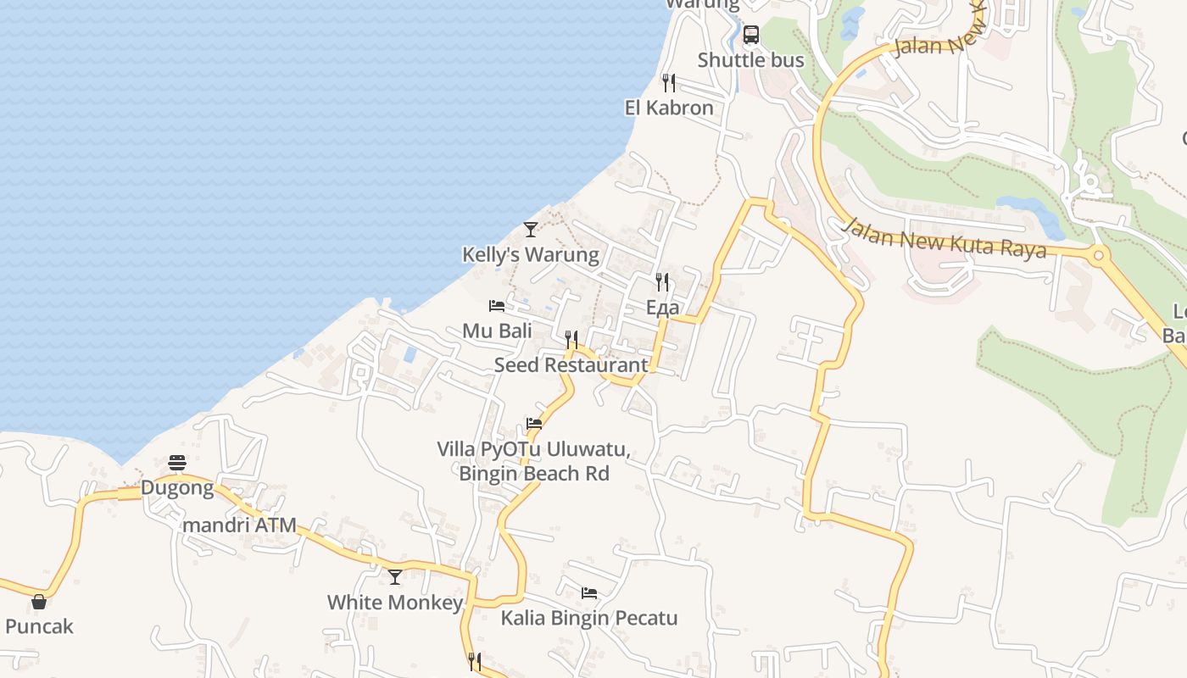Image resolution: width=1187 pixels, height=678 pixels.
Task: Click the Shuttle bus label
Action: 750,60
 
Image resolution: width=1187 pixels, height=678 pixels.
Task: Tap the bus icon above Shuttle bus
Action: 750,35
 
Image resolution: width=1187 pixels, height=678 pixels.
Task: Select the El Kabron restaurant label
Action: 669,108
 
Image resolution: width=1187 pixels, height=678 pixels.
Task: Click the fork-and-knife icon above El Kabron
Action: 669,82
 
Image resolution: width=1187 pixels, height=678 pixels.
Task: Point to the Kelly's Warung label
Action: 530,254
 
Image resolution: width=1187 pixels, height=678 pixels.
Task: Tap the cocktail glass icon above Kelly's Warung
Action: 530,229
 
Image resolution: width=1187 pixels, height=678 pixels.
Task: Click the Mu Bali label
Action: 497,331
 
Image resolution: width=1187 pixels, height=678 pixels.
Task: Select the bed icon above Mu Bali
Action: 497,305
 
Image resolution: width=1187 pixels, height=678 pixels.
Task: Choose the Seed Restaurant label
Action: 571,365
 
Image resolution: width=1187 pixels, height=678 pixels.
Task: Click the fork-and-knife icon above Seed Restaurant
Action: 571,340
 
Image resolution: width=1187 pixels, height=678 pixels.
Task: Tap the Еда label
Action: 662,307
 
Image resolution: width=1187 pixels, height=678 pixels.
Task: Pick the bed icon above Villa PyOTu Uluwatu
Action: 533,424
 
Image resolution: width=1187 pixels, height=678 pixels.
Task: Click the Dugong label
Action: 177,487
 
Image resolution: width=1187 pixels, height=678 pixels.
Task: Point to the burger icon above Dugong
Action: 177,463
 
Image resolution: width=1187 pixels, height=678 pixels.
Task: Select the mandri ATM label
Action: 240,525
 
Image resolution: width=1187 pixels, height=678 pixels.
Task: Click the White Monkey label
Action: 395,603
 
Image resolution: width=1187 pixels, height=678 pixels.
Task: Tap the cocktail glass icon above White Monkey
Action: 395,577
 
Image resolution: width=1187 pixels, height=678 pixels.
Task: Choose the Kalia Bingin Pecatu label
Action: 589,618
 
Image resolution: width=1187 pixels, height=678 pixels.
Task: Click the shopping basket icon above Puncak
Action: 39,602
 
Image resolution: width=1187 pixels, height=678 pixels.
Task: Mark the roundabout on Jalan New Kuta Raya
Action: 1098,254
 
